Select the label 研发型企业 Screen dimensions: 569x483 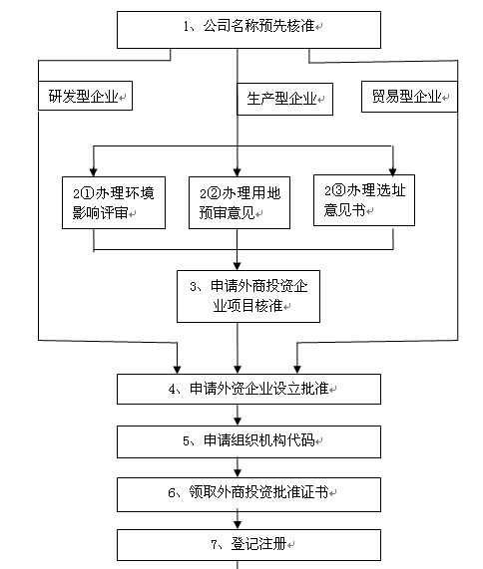pyautogui.click(x=86, y=97)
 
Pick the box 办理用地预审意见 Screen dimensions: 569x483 pyautogui.click(x=237, y=202)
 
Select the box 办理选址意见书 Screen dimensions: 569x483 pyautogui.click(x=363, y=199)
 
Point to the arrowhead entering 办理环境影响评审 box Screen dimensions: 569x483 pyautogui.click(x=93, y=170)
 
